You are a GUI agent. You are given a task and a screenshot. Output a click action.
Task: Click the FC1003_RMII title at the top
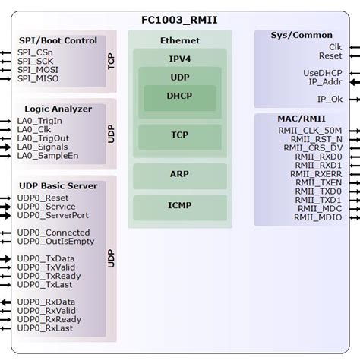(179, 19)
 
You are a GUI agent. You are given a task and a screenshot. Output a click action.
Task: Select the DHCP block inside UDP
(180, 97)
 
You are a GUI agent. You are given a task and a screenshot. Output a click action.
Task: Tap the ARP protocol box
(180, 174)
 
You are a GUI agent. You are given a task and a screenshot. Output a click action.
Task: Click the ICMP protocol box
(180, 205)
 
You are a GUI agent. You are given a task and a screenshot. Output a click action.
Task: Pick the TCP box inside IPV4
(180, 135)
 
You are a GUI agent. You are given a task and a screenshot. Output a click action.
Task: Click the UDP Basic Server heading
(58, 185)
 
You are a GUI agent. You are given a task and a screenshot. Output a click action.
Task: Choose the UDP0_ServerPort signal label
(52, 216)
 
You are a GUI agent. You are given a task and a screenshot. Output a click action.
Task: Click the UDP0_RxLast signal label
(45, 328)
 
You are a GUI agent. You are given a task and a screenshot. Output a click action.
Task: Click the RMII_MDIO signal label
(318, 217)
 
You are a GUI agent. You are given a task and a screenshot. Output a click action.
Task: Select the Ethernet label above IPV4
(180, 40)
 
